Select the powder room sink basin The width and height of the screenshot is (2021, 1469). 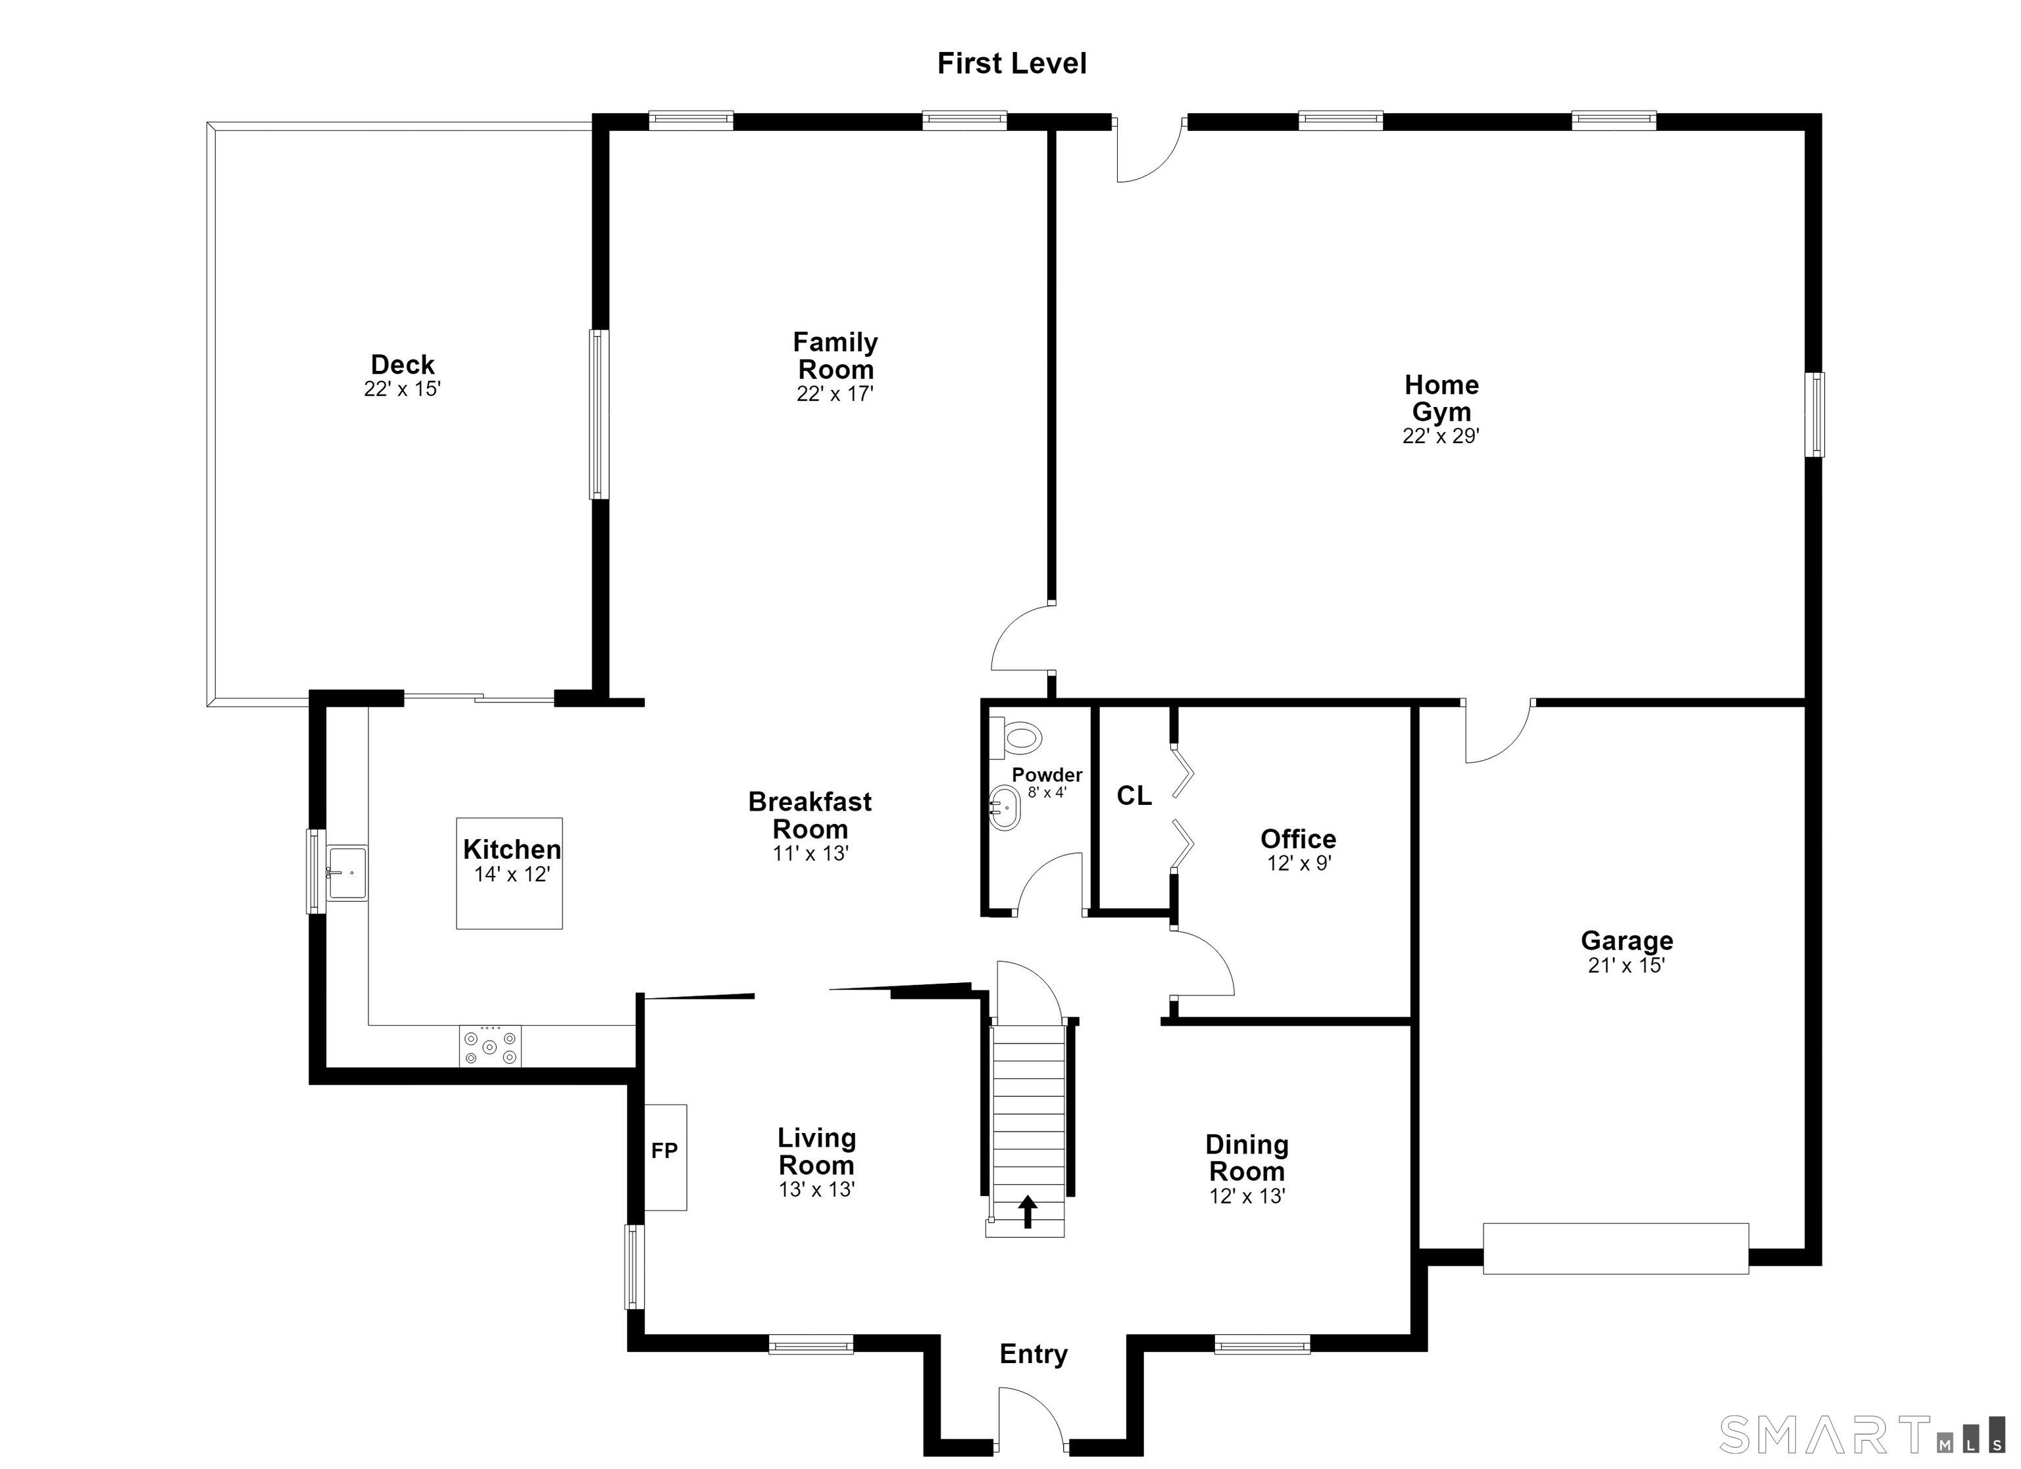pyautogui.click(x=1005, y=808)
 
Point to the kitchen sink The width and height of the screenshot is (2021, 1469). pyautogui.click(x=347, y=873)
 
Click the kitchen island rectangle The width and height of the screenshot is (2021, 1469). pyautogui.click(x=510, y=874)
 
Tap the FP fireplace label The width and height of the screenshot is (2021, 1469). pyautogui.click(x=664, y=1151)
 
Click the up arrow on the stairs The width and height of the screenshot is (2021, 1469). pyautogui.click(x=1028, y=1211)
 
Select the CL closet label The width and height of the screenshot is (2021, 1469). pyautogui.click(x=1134, y=796)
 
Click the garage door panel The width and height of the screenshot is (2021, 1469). pyautogui.click(x=1616, y=1249)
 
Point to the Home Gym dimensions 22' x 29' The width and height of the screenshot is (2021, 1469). pyautogui.click(x=1441, y=435)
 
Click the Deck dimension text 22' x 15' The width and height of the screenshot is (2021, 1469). pyautogui.click(x=402, y=389)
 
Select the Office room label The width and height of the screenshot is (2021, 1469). pyautogui.click(x=1299, y=838)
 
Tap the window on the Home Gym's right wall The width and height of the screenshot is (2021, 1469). pyautogui.click(x=1814, y=415)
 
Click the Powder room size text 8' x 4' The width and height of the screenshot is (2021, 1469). pyautogui.click(x=1047, y=792)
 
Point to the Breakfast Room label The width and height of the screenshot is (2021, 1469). pyautogui.click(x=809, y=815)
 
